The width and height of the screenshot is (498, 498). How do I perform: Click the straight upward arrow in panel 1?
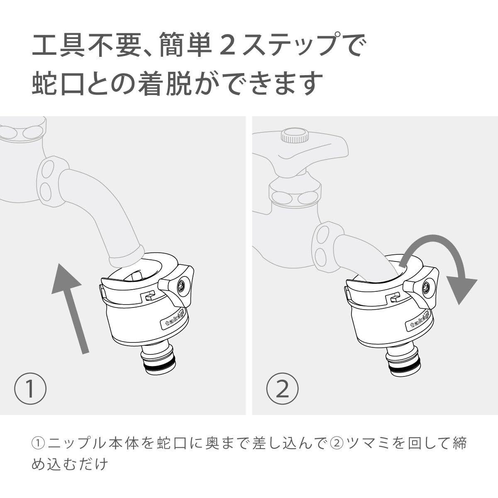[69, 308]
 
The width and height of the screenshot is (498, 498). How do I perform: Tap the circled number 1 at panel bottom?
[30, 389]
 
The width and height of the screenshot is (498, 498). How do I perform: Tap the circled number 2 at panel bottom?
[282, 389]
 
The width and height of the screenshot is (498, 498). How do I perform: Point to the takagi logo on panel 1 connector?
[174, 320]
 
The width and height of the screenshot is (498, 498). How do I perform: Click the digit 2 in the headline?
[228, 46]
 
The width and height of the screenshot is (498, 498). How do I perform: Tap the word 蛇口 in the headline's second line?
[58, 83]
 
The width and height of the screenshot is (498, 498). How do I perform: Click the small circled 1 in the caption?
[38, 443]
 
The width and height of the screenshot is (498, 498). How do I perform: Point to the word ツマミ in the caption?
[368, 443]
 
